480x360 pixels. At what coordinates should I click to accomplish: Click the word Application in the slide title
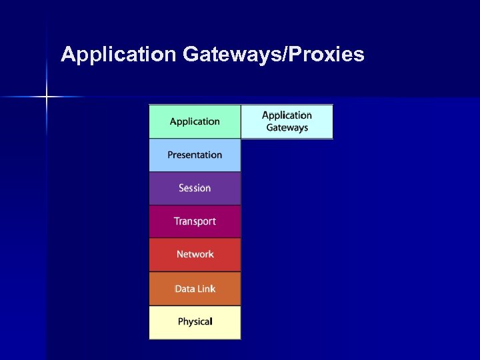(117, 55)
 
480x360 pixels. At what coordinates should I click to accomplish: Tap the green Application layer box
(195, 121)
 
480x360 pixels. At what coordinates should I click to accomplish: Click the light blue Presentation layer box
(195, 155)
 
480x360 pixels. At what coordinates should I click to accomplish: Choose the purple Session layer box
(195, 188)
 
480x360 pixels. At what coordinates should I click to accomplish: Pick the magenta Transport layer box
(195, 221)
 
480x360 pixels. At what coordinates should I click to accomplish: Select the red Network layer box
(195, 255)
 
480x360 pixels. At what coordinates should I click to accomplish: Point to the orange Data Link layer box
(195, 289)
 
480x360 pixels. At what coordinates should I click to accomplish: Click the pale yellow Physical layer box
(195, 322)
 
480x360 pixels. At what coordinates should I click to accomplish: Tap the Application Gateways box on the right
(287, 121)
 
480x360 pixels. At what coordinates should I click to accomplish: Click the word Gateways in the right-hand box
(287, 127)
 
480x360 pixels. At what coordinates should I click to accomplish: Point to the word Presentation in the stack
(195, 155)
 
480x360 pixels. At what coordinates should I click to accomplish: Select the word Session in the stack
(195, 188)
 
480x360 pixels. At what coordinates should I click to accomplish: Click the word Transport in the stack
(195, 221)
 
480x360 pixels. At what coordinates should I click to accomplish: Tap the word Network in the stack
(195, 254)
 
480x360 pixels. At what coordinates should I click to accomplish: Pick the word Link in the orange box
(206, 289)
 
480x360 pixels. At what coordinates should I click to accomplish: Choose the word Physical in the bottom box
(195, 322)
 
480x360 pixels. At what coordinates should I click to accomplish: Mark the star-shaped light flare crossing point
(47, 97)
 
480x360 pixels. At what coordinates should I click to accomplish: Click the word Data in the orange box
(185, 289)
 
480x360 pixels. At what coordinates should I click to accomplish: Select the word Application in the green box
(195, 121)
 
